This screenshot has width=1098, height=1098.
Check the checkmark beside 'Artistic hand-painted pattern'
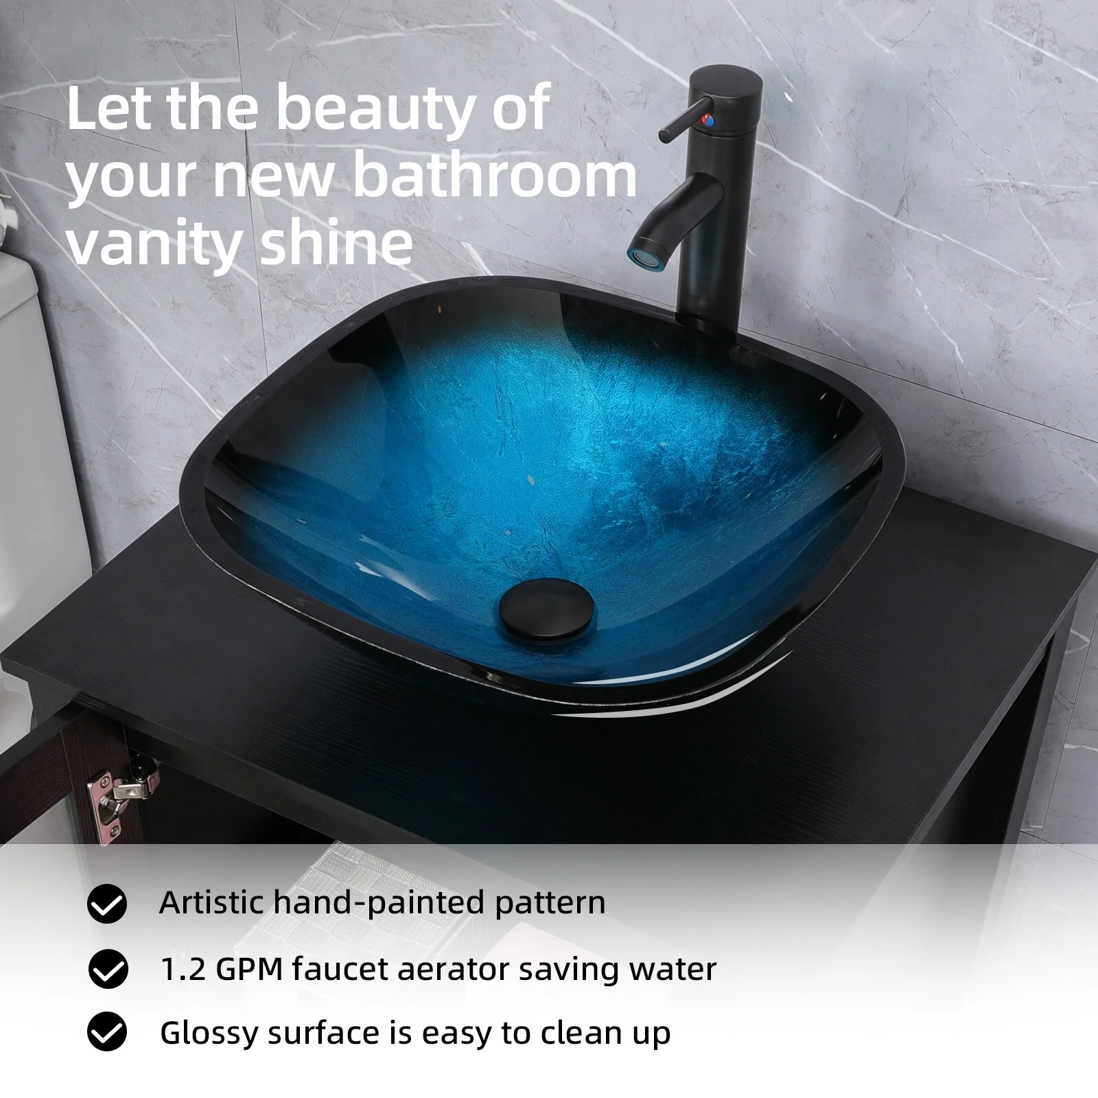point(107,904)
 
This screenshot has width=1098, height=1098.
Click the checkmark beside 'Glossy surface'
point(108,1033)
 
